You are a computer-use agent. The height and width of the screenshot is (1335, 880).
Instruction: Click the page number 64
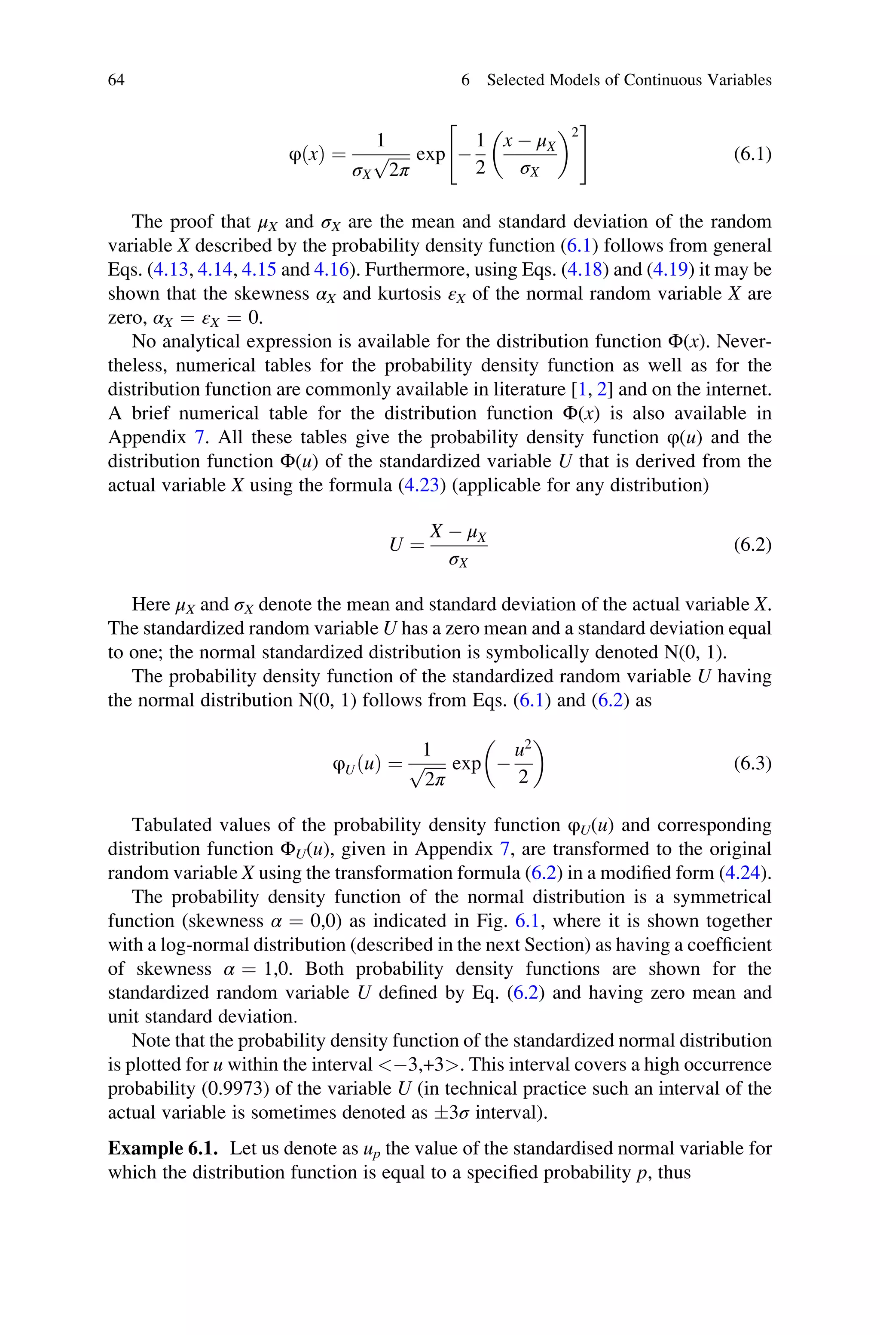pyautogui.click(x=116, y=80)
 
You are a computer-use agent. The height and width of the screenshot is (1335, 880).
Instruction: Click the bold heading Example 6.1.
pyautogui.click(x=163, y=1149)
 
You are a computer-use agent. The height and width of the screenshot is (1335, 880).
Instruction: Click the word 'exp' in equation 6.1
pyautogui.click(x=431, y=154)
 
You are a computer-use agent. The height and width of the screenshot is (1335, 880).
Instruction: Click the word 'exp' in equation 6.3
pyautogui.click(x=466, y=764)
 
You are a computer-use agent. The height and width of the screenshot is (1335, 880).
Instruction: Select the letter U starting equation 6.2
pyautogui.click(x=396, y=545)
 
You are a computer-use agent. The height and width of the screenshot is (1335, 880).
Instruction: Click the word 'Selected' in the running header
pyautogui.click(x=516, y=80)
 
